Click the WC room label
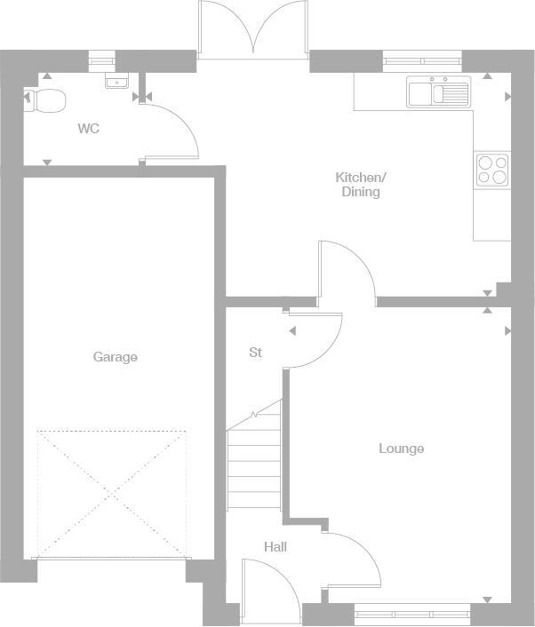pos(88,129)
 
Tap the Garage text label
pos(116,357)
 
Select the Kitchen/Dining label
pos(361,184)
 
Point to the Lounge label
pos(401,448)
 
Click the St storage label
pos(255,353)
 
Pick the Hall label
pos(275,547)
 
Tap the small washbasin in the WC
pos(116,82)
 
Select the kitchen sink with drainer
pos(438,92)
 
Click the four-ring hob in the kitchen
pos(492,169)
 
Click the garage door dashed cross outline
pos(112,493)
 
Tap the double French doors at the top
pos(253,30)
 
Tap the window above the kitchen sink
pos(423,61)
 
